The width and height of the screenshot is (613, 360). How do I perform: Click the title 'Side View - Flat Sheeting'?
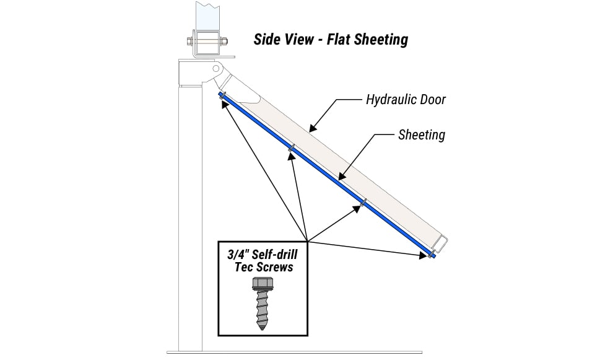pyautogui.click(x=331, y=40)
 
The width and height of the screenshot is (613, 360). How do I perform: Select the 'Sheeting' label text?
pyautogui.click(x=421, y=134)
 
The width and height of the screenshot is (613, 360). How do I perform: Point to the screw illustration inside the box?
pyautogui.click(x=263, y=303)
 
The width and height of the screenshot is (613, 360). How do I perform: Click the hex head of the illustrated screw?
pyautogui.click(x=263, y=283)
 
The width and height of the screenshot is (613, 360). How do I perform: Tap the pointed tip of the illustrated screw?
pyautogui.click(x=264, y=326)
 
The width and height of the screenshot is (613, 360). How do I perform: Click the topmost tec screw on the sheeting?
pyautogui.click(x=222, y=95)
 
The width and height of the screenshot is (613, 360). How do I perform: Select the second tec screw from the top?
pyautogui.click(x=292, y=148)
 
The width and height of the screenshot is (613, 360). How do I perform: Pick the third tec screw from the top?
pyautogui.click(x=364, y=201)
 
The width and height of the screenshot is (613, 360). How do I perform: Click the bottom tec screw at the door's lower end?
pyautogui.click(x=431, y=254)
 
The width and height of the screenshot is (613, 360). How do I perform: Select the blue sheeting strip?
pyautogui.click(x=328, y=177)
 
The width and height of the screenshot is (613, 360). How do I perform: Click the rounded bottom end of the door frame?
pyautogui.click(x=444, y=242)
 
